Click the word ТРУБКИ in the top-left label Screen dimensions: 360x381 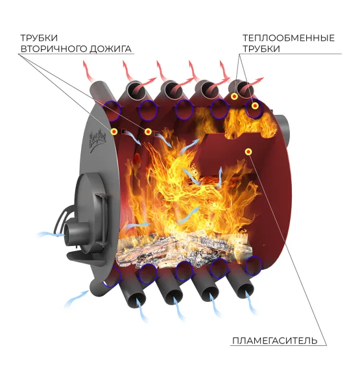pyautogui.click(x=39, y=38)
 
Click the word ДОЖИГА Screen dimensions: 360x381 pyautogui.click(x=110, y=49)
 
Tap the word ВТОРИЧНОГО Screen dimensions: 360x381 pyautogui.click(x=54, y=49)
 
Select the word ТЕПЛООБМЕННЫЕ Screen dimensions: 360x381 pyautogui.click(x=289, y=38)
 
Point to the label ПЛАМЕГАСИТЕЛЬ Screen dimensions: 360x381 pyautogui.click(x=275, y=341)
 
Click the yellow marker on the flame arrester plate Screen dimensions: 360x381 pyautogui.click(x=248, y=152)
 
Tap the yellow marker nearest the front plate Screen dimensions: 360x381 pyautogui.click(x=114, y=132)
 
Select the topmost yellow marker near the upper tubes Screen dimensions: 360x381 pyautogui.click(x=234, y=97)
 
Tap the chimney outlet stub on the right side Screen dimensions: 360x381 pyautogui.click(x=283, y=130)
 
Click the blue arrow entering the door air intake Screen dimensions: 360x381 pyautogui.click(x=51, y=234)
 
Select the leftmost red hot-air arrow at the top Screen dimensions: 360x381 pyautogui.click(x=88, y=71)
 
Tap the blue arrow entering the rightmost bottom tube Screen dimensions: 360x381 pyautogui.click(x=250, y=302)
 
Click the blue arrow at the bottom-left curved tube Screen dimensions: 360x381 pyautogui.click(x=77, y=299)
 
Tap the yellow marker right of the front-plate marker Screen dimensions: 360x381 pyautogui.click(x=148, y=132)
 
